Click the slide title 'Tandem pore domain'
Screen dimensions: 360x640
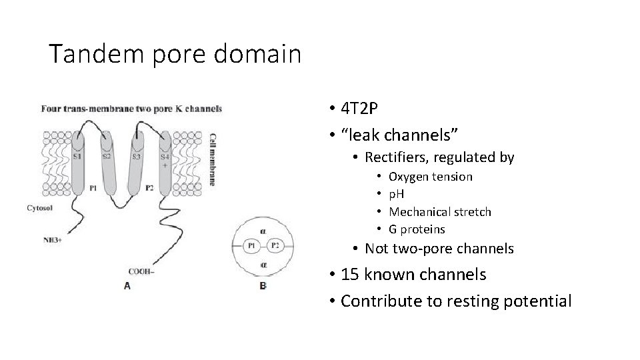[x=175, y=53]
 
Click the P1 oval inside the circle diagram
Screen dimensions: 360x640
[x=252, y=245]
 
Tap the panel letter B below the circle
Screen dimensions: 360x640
[x=263, y=286]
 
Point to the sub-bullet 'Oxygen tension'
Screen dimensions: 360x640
[x=430, y=177]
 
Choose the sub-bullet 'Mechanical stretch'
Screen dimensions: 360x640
[x=439, y=212]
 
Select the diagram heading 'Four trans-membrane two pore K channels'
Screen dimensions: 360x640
[x=131, y=109]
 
